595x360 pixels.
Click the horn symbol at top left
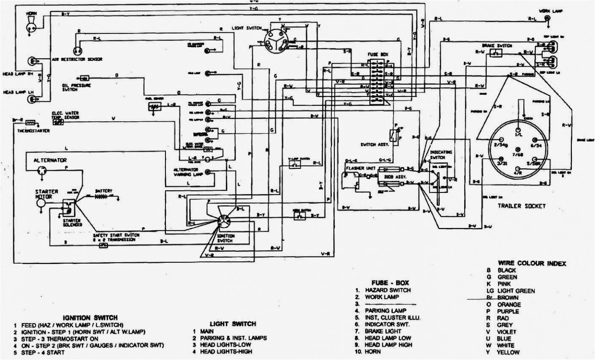click(31, 26)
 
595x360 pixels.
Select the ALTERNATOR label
click(50, 160)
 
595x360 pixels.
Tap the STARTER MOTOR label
click(46, 194)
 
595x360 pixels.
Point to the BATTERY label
click(103, 191)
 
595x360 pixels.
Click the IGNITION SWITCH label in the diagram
click(225, 238)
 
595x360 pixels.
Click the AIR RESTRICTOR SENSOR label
click(77, 60)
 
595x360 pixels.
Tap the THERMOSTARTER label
click(34, 131)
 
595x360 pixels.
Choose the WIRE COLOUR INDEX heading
click(532, 263)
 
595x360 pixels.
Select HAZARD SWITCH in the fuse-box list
click(387, 290)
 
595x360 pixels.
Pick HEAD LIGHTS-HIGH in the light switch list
click(226, 351)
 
